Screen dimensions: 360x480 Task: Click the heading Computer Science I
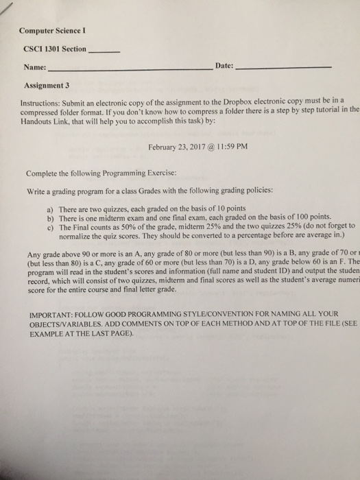click(x=51, y=32)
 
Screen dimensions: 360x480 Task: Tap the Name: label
click(x=34, y=68)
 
